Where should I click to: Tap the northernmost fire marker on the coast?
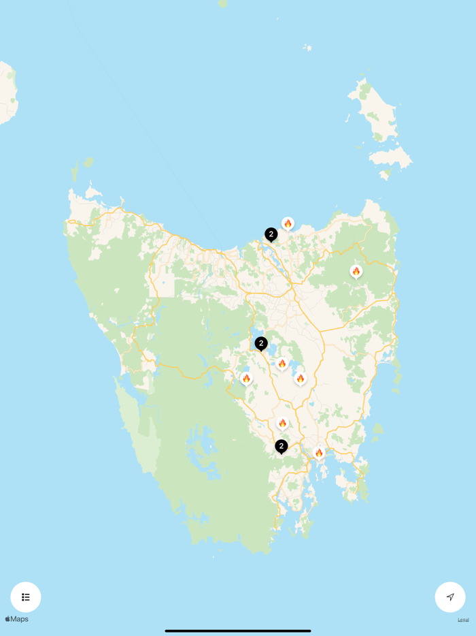[288, 223]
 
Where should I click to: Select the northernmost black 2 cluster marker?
[271, 234]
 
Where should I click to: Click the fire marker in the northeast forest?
[356, 271]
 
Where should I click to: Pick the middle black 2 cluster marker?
[261, 344]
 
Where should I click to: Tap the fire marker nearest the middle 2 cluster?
[282, 364]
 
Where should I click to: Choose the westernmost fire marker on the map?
[246, 379]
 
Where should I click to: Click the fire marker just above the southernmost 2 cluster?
[282, 423]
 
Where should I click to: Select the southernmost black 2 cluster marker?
[281, 447]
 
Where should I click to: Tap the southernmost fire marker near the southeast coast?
[319, 453]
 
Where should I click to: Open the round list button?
[26, 597]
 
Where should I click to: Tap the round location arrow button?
[450, 597]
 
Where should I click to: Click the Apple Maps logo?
[17, 619]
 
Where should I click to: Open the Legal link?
[463, 620]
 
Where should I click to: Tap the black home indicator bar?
[238, 631]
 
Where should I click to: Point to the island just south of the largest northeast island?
[391, 158]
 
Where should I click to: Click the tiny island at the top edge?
[222, 3]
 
